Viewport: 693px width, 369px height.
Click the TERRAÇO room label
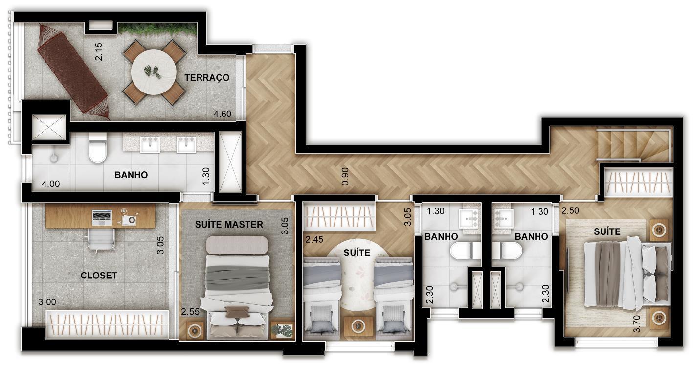click(207, 77)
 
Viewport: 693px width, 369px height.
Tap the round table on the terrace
click(154, 72)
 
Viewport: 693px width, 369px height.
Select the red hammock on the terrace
click(73, 71)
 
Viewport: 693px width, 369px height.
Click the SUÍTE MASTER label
click(229, 225)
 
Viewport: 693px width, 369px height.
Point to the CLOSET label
click(99, 276)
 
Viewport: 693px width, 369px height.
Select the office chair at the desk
click(101, 239)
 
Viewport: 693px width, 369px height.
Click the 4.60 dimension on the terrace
click(223, 114)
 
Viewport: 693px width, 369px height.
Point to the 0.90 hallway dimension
click(345, 177)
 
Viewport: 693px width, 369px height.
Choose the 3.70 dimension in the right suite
click(637, 323)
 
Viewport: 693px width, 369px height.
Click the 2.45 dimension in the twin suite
click(314, 240)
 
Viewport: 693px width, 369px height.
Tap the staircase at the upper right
click(634, 145)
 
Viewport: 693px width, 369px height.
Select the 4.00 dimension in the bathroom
click(51, 184)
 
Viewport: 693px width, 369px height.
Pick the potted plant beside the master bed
click(282, 330)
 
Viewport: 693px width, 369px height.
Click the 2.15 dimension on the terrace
click(98, 51)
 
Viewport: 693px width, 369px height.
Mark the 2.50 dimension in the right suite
click(570, 210)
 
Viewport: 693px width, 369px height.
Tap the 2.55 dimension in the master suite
click(190, 312)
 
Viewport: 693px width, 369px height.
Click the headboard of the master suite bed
click(237, 246)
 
